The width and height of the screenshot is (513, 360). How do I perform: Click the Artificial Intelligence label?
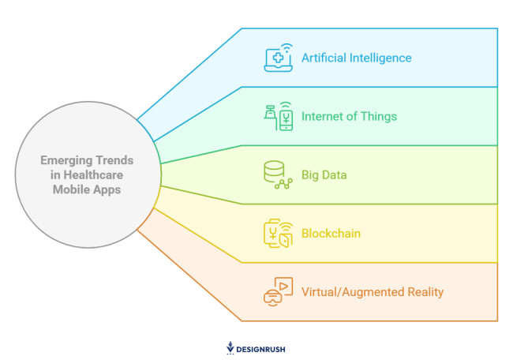point(356,58)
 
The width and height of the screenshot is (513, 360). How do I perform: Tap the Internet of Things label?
point(349,117)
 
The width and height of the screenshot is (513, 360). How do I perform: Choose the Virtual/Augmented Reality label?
point(373,292)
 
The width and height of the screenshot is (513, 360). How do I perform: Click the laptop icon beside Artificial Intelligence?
point(278,58)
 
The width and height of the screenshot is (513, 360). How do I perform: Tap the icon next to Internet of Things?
point(278,116)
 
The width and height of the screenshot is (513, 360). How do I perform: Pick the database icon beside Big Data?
point(278,174)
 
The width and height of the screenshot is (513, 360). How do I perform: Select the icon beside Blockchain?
point(278,234)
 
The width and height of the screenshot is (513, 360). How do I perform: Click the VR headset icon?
point(278,291)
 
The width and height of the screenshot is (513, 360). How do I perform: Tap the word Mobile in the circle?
point(69,190)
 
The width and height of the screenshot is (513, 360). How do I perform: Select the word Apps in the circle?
point(107,190)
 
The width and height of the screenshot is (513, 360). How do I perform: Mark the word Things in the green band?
point(378,117)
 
